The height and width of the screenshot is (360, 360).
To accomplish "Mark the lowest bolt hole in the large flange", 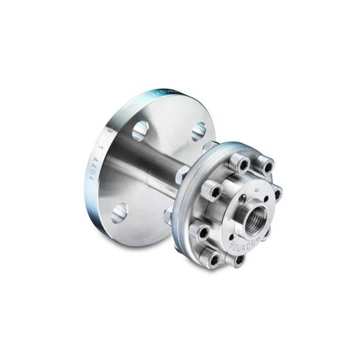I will (x=119, y=211).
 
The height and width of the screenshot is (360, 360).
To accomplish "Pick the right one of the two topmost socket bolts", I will (x=265, y=166).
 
